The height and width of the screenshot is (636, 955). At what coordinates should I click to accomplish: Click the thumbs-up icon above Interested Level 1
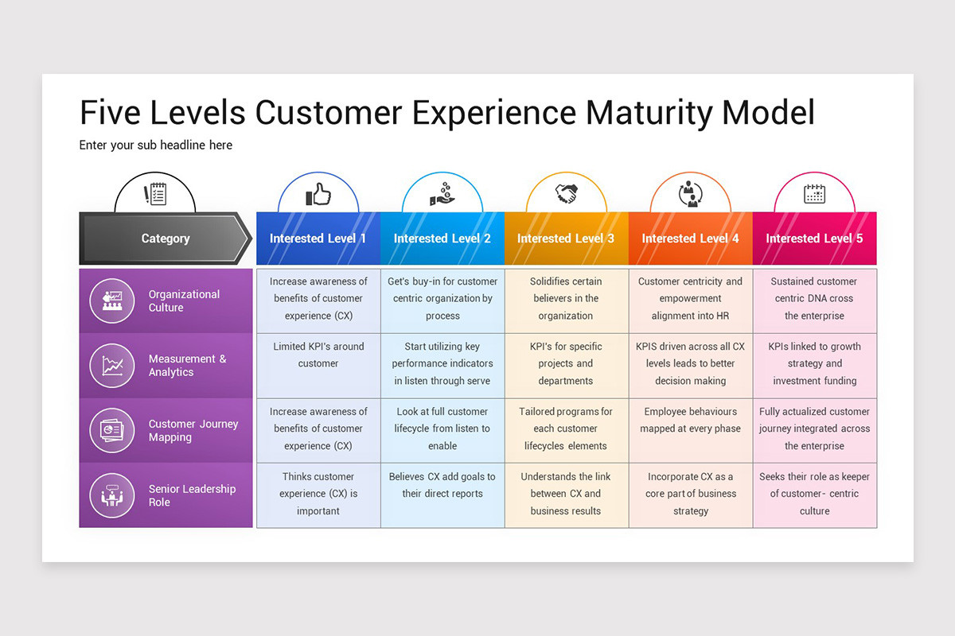click(318, 194)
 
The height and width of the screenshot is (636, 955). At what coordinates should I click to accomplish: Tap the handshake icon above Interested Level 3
click(566, 193)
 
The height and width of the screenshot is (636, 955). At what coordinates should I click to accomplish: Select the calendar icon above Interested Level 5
click(814, 193)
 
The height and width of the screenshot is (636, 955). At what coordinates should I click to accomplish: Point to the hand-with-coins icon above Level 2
click(442, 194)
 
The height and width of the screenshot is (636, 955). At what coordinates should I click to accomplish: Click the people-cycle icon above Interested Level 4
click(690, 194)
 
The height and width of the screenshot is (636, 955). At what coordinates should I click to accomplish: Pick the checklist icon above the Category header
click(155, 193)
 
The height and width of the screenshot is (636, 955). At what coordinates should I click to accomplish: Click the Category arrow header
click(166, 238)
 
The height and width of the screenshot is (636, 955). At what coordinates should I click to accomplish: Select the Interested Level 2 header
click(442, 238)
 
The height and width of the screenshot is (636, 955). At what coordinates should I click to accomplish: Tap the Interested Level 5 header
click(814, 238)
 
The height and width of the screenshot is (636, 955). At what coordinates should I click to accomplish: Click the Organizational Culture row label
click(184, 301)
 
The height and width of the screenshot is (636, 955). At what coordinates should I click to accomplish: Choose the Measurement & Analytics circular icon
click(112, 366)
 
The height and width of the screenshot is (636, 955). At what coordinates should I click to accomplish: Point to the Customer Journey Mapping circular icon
click(112, 431)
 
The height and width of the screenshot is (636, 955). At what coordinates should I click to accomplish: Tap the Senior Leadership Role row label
click(192, 495)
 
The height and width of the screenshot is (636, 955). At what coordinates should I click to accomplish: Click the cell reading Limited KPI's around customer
click(318, 355)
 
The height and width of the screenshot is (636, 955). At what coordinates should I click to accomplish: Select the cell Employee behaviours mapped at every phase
click(690, 421)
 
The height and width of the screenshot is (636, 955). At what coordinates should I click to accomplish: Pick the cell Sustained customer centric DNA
click(814, 299)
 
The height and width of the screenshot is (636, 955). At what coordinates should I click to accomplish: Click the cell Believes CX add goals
click(442, 485)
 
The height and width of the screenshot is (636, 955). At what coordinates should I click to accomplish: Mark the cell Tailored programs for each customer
click(566, 429)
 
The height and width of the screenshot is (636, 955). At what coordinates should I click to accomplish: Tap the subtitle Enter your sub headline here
click(156, 145)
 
